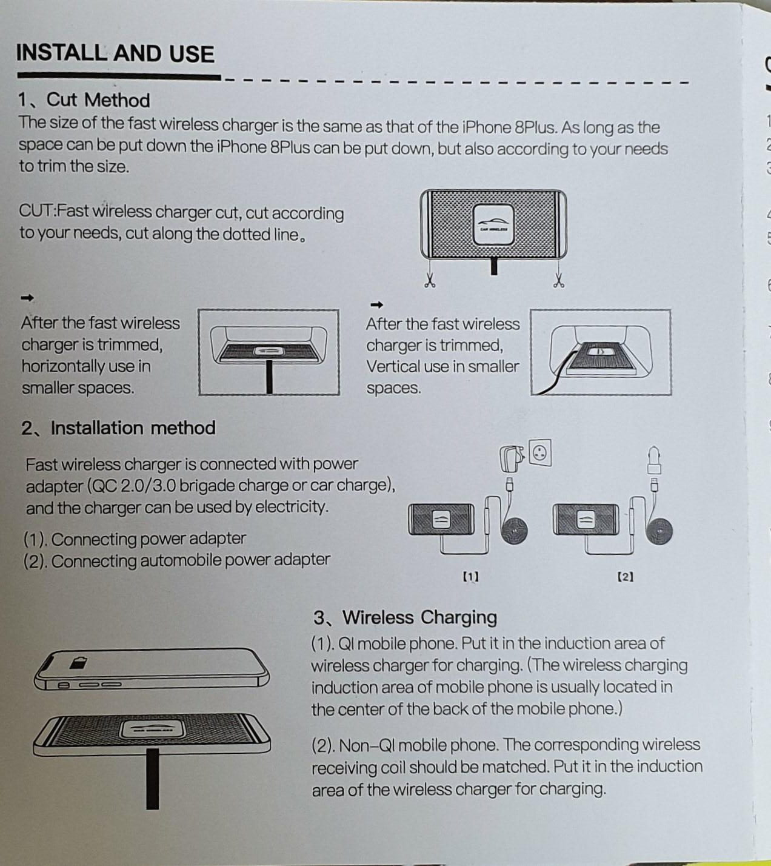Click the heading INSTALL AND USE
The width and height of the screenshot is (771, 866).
pos(115,54)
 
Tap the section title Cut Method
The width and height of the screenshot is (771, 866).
pos(98,100)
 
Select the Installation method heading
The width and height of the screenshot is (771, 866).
pos(133,428)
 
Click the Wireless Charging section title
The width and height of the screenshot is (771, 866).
pos(420,617)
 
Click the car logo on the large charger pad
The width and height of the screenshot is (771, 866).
pos(493,224)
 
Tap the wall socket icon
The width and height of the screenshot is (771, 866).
pos(540,452)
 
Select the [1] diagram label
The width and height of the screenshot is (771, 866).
pos(471,577)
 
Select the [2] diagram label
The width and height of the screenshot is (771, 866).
pos(626,577)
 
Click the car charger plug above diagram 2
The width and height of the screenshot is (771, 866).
pos(654,460)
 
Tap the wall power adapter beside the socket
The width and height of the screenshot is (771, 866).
pos(512,458)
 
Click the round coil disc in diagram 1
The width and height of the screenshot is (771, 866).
pos(514,531)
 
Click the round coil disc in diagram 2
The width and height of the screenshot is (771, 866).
pos(659,531)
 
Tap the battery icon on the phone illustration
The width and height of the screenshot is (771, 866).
pos(78,662)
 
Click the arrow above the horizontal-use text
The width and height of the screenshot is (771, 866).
pos(27,298)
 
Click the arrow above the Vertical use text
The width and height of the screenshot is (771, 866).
pos(376,305)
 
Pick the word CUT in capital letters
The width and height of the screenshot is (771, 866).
pos(36,210)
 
